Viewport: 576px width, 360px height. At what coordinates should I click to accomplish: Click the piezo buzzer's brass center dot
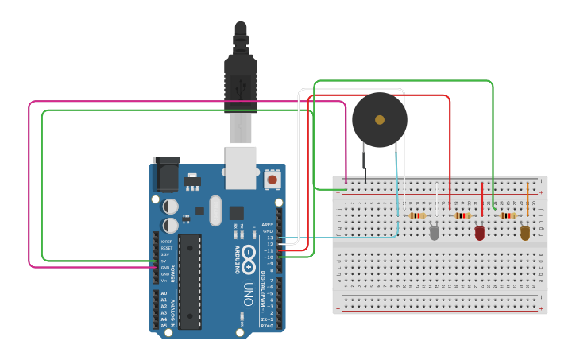pos(380,120)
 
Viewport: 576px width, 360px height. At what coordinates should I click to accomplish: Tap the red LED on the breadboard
pos(479,233)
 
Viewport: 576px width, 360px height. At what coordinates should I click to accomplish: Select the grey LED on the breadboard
pos(434,233)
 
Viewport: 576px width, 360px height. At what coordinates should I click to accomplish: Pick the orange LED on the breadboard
pos(524,232)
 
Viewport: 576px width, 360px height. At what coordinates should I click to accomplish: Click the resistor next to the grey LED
pos(416,215)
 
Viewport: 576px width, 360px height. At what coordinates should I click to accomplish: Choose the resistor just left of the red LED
pos(462,215)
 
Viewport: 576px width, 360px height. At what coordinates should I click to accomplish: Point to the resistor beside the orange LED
pos(507,215)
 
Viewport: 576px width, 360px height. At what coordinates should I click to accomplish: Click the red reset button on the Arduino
pos(273,180)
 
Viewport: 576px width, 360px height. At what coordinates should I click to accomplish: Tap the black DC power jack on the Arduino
pos(166,176)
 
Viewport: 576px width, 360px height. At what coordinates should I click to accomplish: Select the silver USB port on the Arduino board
pos(241,167)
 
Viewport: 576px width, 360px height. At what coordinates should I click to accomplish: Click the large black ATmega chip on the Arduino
pos(190,281)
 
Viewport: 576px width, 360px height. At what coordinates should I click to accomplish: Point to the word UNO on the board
pos(248,289)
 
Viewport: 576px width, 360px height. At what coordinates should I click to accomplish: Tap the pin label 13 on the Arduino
pos(269,238)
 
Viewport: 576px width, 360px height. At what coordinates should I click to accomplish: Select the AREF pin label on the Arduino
pos(269,225)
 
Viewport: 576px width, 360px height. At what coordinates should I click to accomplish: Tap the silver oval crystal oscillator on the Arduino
pos(215,206)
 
